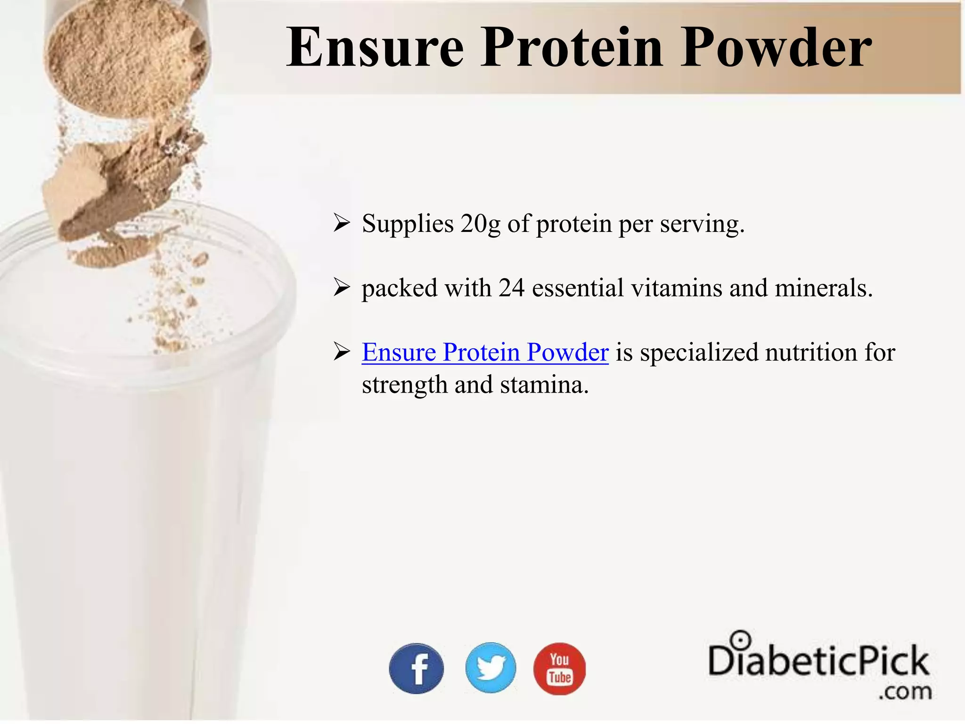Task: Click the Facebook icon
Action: pyautogui.click(x=416, y=668)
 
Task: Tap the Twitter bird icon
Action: pyautogui.click(x=491, y=667)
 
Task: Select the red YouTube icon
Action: pyautogui.click(x=559, y=668)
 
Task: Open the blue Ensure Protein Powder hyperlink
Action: pyautogui.click(x=485, y=352)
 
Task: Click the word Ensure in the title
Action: pyautogui.click(x=375, y=48)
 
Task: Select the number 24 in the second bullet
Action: pyautogui.click(x=511, y=288)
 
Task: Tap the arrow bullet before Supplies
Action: pyautogui.click(x=341, y=223)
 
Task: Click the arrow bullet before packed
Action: pyautogui.click(x=341, y=287)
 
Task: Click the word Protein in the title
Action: pyautogui.click(x=572, y=48)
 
